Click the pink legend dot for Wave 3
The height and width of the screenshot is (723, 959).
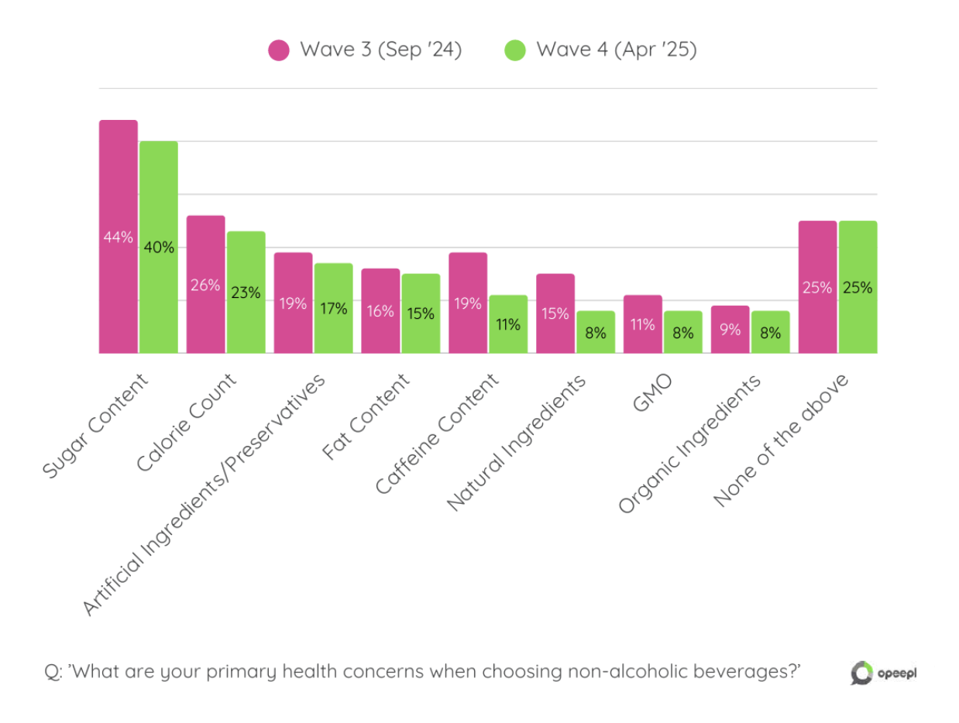[279, 50]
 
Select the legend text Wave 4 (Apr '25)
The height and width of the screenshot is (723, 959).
[616, 50]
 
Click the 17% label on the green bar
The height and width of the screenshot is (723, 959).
[333, 308]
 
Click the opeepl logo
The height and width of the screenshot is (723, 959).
[883, 673]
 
